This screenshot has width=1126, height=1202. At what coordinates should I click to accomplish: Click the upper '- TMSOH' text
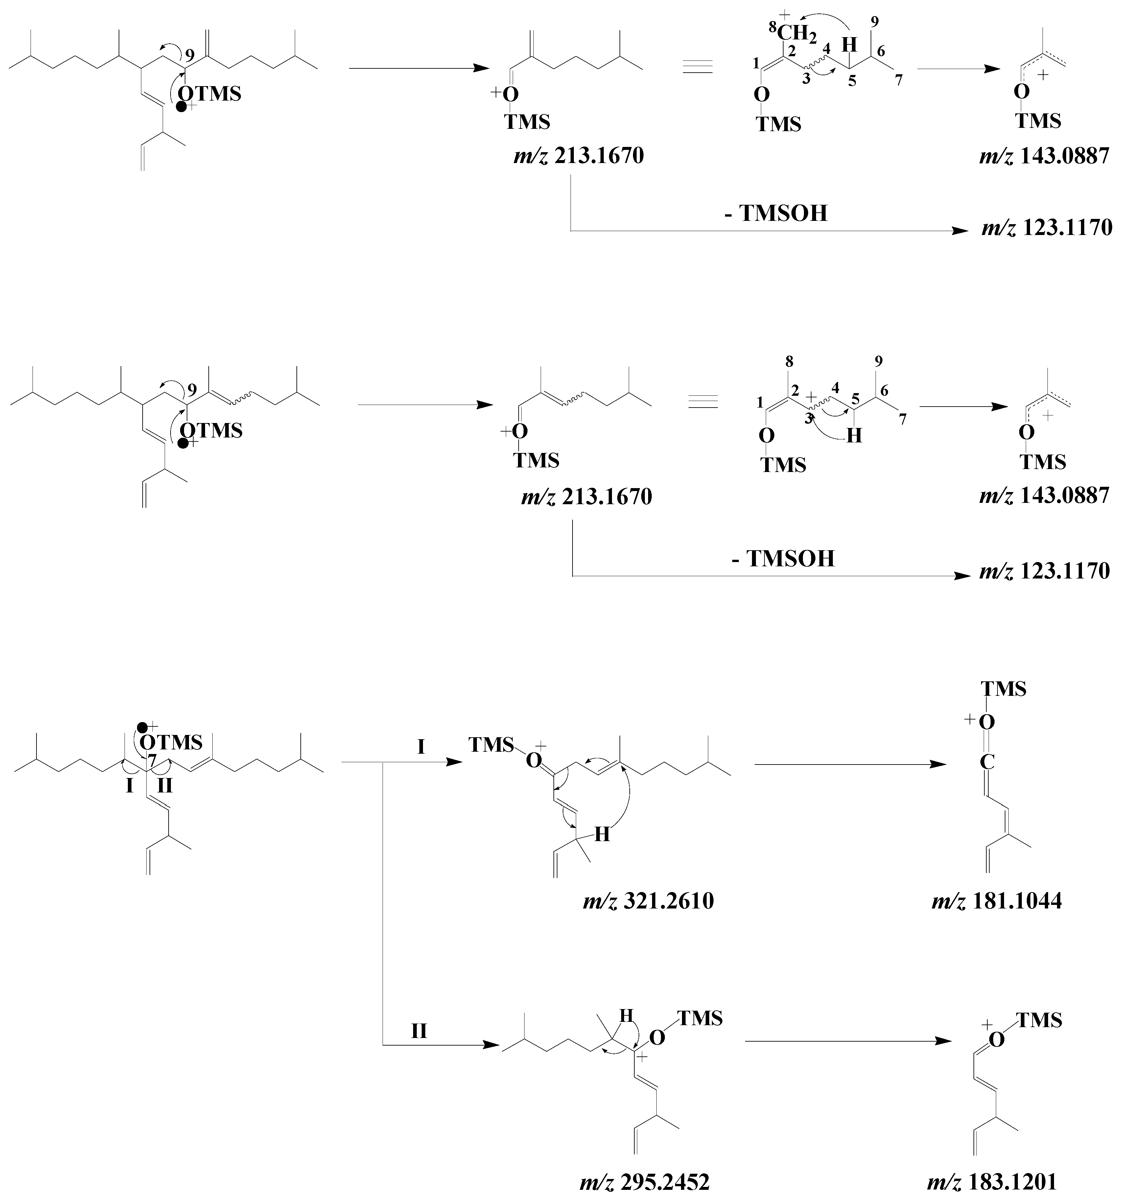776,213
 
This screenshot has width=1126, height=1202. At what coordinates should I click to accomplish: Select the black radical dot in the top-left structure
181,107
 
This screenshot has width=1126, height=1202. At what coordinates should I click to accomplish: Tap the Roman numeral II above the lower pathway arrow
419,1031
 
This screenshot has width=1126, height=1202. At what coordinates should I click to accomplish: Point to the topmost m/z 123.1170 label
1046,228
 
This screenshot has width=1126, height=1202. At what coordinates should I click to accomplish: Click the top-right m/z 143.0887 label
1044,156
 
